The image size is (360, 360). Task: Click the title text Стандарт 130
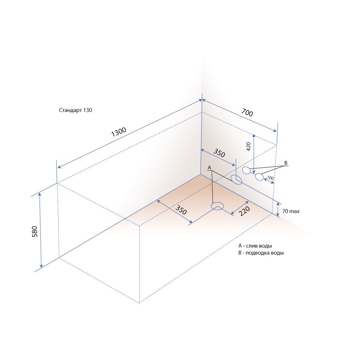76,110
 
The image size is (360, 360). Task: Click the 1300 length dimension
119,132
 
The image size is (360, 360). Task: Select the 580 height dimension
35,231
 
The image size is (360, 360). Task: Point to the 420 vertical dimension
248,147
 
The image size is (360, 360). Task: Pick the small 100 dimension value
270,178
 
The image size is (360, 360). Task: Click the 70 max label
291,211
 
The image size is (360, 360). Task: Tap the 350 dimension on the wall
219,153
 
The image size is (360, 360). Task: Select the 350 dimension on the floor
181,210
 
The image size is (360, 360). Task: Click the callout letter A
209,168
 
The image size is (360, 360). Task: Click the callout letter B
286,163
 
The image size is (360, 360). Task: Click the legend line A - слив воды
255,246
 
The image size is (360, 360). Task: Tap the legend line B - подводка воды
261,253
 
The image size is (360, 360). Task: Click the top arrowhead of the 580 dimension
40,194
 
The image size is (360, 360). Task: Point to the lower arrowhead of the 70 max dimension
278,215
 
